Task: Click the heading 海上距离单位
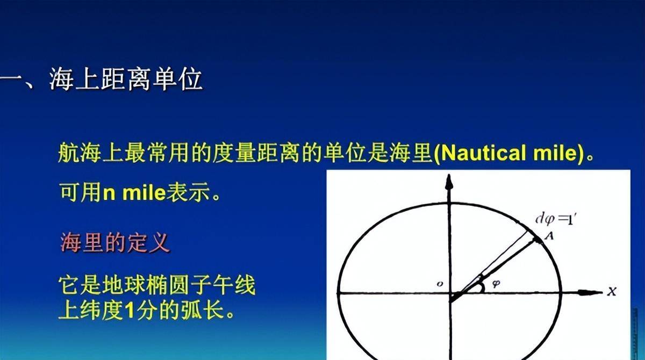tap(126, 80)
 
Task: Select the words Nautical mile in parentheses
tap(509, 153)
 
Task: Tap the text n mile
tap(134, 193)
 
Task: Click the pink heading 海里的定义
tap(115, 242)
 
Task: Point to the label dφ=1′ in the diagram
tap(556, 219)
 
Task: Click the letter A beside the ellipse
tap(549, 236)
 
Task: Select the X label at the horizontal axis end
tap(612, 292)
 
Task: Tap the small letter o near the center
tap(440, 284)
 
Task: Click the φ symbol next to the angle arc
tap(496, 284)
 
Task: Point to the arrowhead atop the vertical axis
tap(449, 182)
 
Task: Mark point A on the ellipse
tap(537, 240)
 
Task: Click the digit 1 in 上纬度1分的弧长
tap(130, 311)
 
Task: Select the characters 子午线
tap(223, 285)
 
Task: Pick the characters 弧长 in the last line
tap(203, 310)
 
